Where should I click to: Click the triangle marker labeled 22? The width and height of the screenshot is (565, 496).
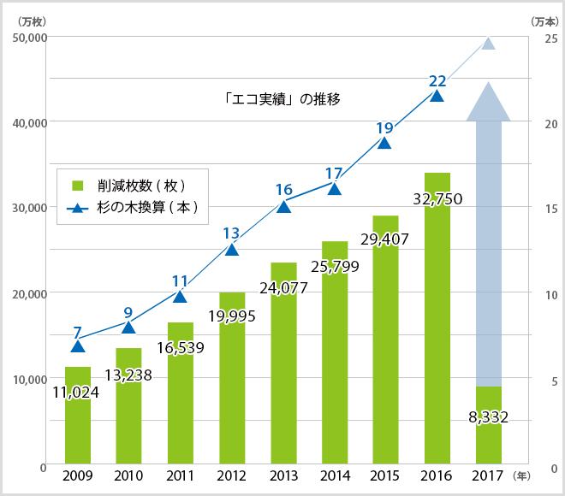437,96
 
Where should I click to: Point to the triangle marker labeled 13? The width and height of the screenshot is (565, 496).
231,249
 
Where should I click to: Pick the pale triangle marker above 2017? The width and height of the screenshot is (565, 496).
488,44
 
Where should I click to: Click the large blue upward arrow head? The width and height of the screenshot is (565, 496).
488,101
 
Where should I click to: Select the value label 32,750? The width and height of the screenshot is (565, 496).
437,198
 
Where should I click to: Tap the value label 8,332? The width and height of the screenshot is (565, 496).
488,417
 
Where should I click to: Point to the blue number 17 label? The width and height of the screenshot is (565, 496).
334,174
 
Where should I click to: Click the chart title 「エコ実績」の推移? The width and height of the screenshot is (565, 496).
278,98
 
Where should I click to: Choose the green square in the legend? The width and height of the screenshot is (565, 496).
77,185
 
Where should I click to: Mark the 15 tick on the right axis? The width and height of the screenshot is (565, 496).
551,209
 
